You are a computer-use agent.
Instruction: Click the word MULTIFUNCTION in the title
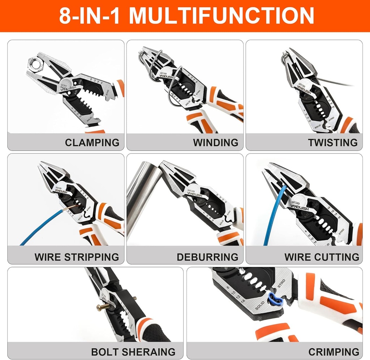point(221,16)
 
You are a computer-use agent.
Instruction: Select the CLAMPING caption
point(92,142)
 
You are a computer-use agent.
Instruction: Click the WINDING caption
point(215,142)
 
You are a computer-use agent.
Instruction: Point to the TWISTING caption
point(332,142)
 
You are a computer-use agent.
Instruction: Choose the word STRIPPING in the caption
point(91,257)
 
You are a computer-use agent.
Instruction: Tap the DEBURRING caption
point(207,257)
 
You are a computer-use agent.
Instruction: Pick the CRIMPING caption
point(334,352)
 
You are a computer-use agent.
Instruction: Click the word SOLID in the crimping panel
point(262,305)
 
